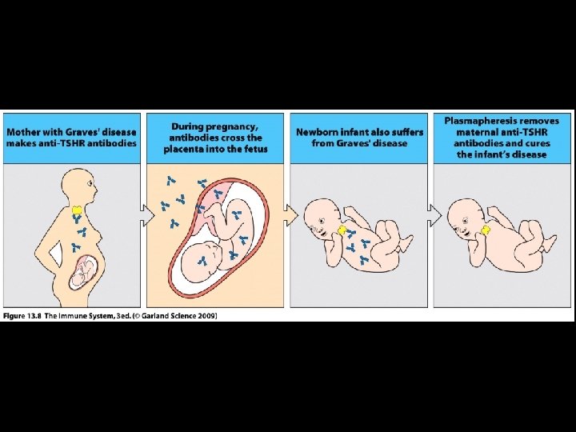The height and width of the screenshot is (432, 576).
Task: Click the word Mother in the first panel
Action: (24, 132)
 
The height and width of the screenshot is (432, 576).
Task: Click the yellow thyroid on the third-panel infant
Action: (343, 230)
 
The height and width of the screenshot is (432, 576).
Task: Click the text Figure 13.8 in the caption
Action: (25, 316)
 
